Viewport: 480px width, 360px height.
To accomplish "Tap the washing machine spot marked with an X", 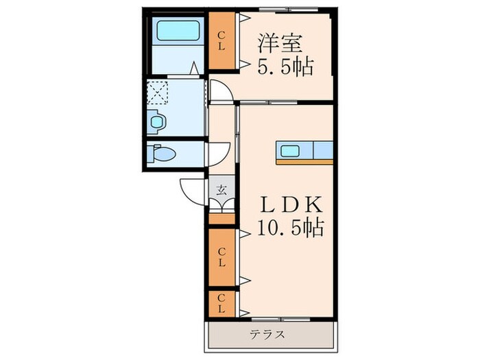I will (x=159, y=92).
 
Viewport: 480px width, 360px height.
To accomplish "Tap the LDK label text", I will (x=290, y=204).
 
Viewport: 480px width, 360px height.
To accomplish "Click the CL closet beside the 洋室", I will (x=221, y=41).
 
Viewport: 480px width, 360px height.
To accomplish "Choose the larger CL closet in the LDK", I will (x=221, y=258).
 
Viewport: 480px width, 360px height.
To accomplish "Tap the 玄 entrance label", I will (x=221, y=190).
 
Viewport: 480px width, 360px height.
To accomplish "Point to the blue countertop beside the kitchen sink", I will (x=322, y=151).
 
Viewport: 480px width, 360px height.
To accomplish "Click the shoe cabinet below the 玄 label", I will (x=221, y=219).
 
